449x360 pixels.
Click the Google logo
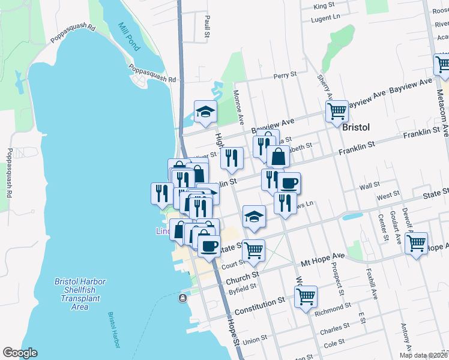pos(20,353)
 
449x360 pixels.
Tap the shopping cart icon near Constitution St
pos(306,296)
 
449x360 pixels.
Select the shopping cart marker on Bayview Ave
pos(337,110)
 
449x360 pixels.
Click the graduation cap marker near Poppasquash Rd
pos(205,111)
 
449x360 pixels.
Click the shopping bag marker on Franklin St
pos(279,157)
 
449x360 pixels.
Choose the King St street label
pos(324,5)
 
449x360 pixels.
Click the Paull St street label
pos(206,28)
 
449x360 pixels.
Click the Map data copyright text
pos(423,355)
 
